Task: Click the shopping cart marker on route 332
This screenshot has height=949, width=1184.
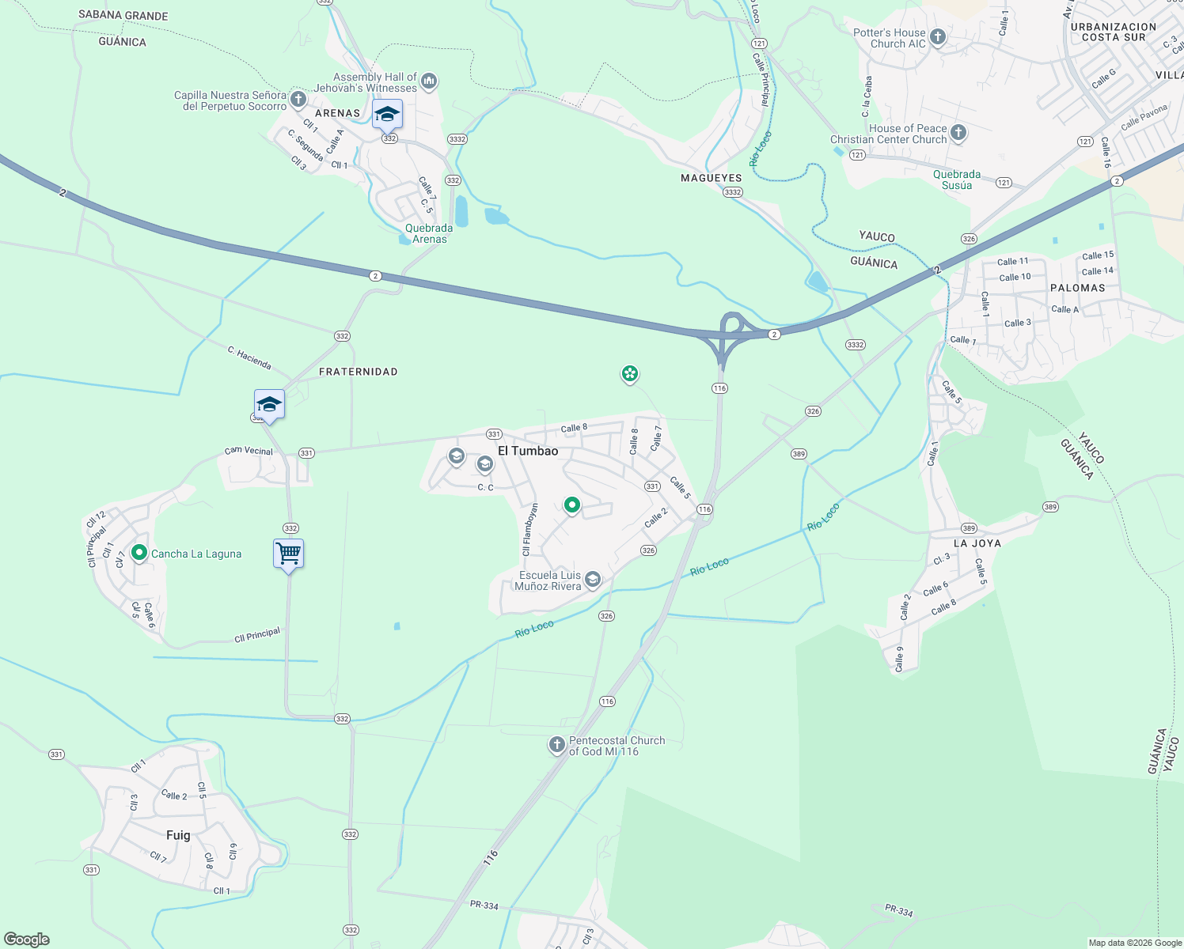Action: click(289, 553)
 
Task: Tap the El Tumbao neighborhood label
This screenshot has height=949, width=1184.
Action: click(528, 451)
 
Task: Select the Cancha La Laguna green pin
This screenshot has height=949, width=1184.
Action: click(139, 553)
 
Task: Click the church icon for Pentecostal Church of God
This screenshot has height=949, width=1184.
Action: click(557, 744)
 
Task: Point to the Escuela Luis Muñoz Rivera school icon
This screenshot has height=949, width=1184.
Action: click(592, 580)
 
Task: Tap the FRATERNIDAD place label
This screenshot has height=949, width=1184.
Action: click(358, 372)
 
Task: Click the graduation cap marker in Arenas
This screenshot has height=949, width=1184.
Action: click(387, 115)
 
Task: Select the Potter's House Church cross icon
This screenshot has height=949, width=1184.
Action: click(938, 36)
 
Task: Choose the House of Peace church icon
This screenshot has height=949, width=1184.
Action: click(958, 132)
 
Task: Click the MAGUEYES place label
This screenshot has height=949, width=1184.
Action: click(712, 178)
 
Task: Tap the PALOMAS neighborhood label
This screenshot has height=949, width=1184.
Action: click(1077, 288)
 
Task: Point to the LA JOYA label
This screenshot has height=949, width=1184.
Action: click(977, 543)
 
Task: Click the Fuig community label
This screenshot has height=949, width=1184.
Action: click(178, 835)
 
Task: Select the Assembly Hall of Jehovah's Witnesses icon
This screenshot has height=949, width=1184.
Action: click(429, 81)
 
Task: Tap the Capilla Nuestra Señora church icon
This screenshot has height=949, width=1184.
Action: click(298, 99)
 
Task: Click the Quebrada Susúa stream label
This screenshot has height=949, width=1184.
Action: click(957, 180)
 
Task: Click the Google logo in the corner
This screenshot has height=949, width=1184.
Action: click(26, 939)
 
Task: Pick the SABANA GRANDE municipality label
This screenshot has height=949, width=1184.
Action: click(123, 15)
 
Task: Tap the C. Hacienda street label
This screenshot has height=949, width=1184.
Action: click(249, 358)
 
